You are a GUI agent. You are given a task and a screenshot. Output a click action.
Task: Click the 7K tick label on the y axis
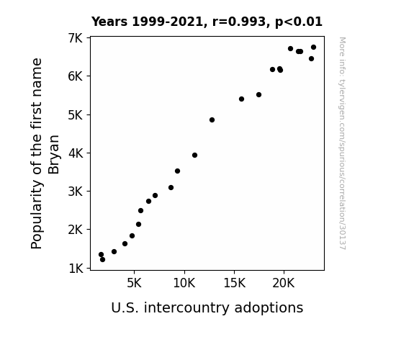point(76,38)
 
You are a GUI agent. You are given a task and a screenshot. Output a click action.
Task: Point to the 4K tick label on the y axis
point(76,153)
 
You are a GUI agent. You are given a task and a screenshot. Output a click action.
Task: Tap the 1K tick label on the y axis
point(76,269)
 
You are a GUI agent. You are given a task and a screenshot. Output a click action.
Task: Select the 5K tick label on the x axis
point(134,283)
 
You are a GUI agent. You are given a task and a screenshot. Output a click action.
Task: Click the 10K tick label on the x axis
point(184,283)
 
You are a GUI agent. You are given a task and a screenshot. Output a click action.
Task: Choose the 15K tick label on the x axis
point(234,283)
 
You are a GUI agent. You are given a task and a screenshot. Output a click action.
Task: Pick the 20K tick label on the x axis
point(284,283)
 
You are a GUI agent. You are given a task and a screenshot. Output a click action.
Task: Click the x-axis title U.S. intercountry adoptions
point(207,307)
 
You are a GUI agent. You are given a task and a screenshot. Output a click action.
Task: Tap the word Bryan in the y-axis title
point(54,155)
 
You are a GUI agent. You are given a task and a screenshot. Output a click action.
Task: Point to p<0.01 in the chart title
point(299,22)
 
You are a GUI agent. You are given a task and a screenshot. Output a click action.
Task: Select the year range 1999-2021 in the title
point(167,22)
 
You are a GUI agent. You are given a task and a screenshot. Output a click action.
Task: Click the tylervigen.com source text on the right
point(342,143)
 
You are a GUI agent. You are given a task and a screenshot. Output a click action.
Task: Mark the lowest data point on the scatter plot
point(102,260)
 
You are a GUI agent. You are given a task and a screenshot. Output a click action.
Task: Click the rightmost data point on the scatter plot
point(313,48)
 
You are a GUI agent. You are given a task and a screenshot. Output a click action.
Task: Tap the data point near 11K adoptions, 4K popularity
point(194,155)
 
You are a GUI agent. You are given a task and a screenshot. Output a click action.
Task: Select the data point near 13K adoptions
point(212,120)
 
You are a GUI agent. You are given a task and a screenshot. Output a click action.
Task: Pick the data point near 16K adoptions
point(241,99)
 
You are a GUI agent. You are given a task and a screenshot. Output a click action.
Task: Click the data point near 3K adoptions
point(114,251)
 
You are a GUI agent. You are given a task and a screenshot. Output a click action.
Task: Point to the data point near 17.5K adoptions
point(258,94)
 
